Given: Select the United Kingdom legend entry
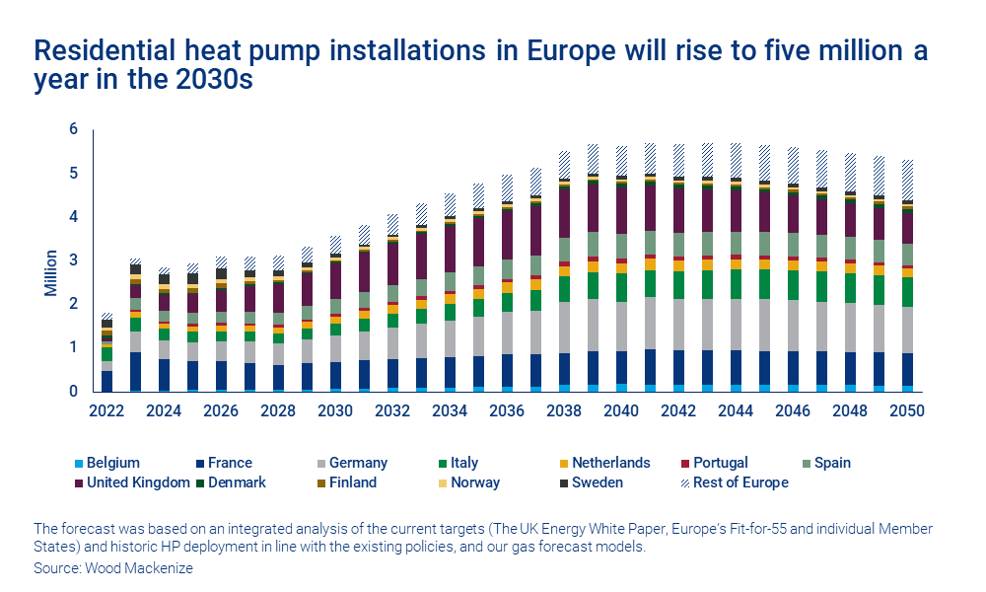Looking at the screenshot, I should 137,482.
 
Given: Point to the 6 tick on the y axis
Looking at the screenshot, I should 73,129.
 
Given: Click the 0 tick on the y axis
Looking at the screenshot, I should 73,392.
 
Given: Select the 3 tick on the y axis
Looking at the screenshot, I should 73,260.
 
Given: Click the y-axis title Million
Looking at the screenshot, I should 50,272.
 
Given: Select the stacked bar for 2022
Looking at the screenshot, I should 106,355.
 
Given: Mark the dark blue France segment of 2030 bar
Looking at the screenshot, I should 335,375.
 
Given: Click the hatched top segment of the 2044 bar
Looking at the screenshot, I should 735,160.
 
